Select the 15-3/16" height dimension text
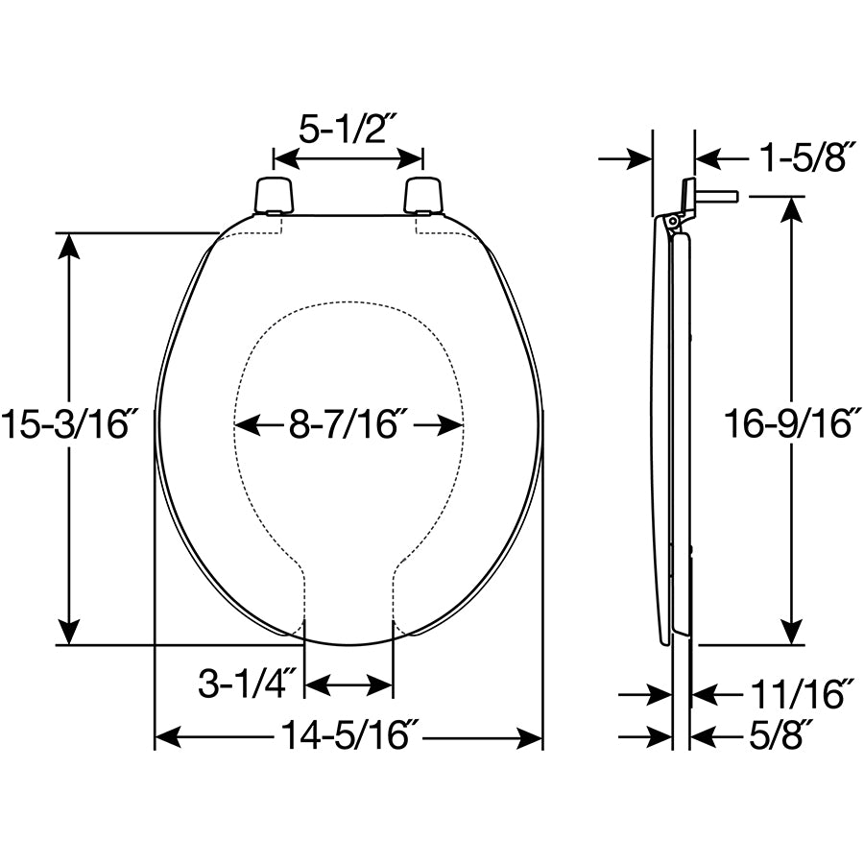[66, 423]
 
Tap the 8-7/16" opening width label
[348, 423]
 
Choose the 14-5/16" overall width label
[348, 737]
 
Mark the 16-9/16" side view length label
[788, 423]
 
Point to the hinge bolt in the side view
[715, 196]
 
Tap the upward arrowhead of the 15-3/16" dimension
[68, 245]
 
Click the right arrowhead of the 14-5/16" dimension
[531, 737]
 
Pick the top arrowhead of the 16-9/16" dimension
[791, 208]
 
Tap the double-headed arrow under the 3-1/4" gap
[348, 685]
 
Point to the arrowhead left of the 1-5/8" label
[640, 157]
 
